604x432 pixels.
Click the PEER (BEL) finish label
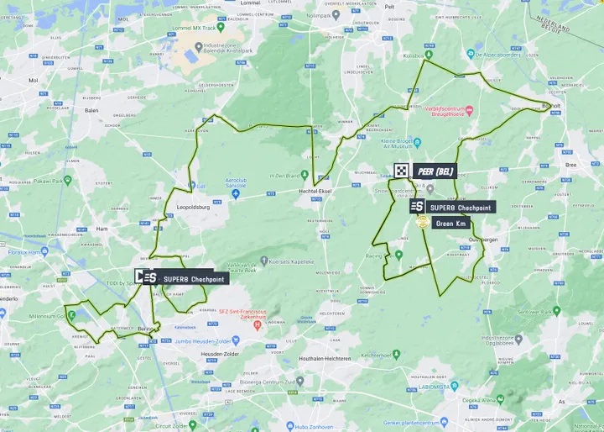[435, 170]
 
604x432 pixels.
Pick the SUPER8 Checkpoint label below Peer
[460, 207]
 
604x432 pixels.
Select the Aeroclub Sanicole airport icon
[236, 194]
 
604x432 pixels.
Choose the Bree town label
[572, 166]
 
